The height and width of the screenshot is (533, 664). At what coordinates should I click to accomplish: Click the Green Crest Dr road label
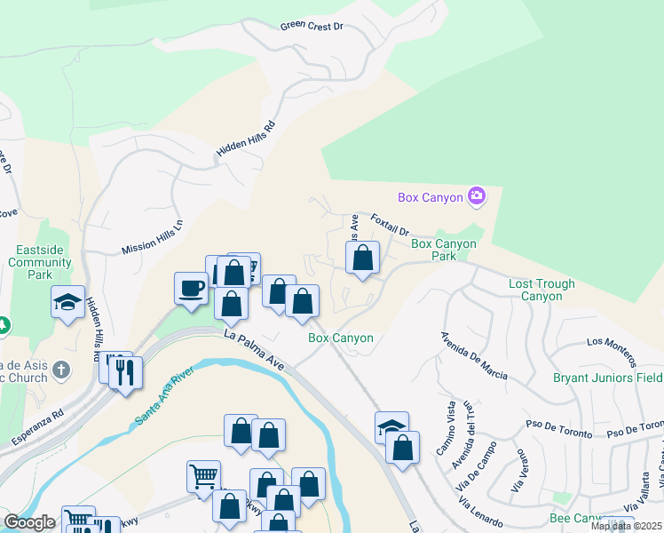click(x=312, y=27)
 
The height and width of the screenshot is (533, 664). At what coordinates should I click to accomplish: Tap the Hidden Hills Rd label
click(x=246, y=143)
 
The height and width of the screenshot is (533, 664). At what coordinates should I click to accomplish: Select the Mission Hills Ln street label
click(x=152, y=238)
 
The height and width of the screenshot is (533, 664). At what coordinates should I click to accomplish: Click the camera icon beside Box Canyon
click(x=477, y=196)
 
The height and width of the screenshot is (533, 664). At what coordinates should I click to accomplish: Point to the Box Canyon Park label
click(x=446, y=250)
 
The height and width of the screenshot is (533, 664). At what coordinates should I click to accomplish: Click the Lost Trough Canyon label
click(x=541, y=290)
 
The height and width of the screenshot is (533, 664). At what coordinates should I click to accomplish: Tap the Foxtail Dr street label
click(x=390, y=221)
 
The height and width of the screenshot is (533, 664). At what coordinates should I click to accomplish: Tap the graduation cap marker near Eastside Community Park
click(x=67, y=302)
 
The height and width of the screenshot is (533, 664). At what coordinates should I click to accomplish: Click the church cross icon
click(x=60, y=369)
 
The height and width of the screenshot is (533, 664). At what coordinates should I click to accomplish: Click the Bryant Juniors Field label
click(x=607, y=378)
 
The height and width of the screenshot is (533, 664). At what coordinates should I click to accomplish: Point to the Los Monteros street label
click(x=611, y=352)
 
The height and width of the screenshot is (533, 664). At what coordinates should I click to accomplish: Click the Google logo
click(x=29, y=522)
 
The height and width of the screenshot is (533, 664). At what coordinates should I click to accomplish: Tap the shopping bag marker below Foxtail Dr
click(x=362, y=259)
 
